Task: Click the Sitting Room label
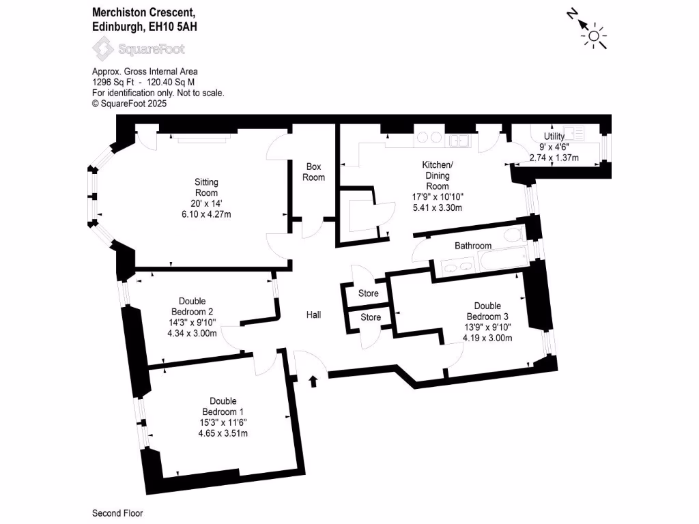click(x=206, y=188)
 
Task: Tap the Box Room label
click(x=314, y=172)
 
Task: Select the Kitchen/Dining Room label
click(x=438, y=175)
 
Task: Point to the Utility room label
click(x=554, y=136)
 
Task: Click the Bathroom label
click(x=473, y=246)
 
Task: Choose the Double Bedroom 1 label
click(x=223, y=407)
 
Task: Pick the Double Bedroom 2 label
click(x=192, y=306)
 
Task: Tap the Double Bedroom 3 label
click(x=487, y=311)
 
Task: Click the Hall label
click(x=314, y=315)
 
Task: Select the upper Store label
click(x=369, y=293)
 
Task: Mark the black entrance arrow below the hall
click(x=313, y=381)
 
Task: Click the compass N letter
click(x=572, y=15)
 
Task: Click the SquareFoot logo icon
click(x=103, y=48)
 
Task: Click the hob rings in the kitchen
click(x=430, y=138)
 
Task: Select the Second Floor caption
click(x=117, y=513)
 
